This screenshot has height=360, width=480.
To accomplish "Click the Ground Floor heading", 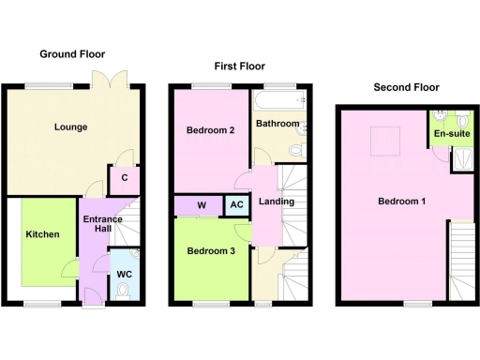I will [x=72, y=54].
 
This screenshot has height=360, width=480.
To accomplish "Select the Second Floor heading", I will [x=406, y=87].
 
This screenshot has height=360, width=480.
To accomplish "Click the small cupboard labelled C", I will [x=125, y=177].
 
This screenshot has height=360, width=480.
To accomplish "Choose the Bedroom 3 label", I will [x=211, y=250].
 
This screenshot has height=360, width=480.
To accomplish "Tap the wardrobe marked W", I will [x=201, y=205].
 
